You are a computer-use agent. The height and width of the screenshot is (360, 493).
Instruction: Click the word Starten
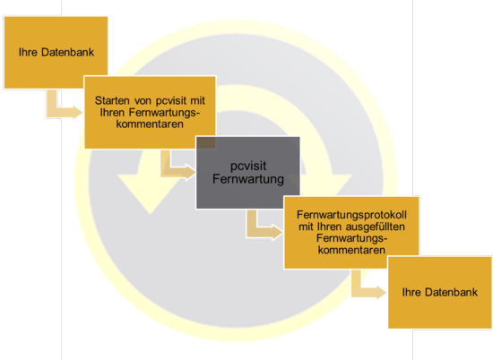112,100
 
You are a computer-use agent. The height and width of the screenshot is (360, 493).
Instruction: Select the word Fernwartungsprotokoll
351,215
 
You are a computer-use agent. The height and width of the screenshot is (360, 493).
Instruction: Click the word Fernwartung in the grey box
248,179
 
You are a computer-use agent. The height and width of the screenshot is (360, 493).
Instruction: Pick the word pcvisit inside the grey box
248,166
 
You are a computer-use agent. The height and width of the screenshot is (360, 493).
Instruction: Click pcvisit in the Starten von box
169,101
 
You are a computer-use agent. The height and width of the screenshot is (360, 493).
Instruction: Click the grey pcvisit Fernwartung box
248,173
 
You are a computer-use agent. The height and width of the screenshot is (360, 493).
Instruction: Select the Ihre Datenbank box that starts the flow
56,53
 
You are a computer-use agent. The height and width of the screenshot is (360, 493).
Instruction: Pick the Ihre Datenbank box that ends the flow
440,293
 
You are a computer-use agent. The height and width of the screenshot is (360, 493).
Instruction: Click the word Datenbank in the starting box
67,52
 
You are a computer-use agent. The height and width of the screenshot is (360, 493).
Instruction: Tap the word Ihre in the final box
411,293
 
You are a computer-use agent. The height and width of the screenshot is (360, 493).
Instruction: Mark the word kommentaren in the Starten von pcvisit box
150,124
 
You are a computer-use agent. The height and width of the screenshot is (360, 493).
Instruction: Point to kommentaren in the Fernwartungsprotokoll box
351,250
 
